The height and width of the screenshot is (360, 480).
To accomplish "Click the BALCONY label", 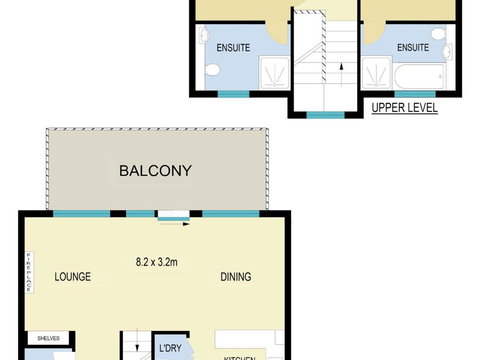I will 155,171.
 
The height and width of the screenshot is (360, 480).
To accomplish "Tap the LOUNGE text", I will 74,277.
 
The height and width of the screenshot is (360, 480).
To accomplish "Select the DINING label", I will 236,277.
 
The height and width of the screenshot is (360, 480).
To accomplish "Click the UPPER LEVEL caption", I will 404,107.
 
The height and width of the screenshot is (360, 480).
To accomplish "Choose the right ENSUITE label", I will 413,45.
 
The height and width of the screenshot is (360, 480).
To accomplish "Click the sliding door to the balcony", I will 172,213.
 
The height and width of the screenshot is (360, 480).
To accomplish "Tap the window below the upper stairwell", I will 324,115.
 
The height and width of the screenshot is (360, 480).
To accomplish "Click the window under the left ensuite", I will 233,94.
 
